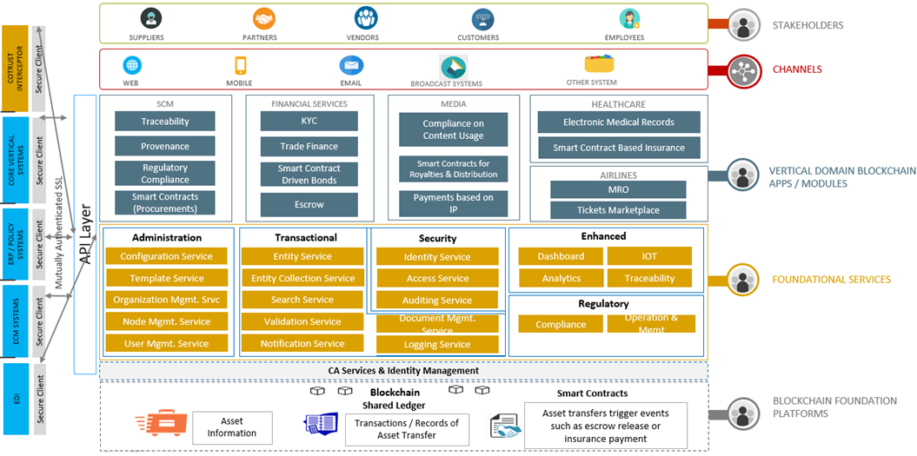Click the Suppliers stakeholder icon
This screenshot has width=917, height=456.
tap(146, 19)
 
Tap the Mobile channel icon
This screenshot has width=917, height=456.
tap(240, 65)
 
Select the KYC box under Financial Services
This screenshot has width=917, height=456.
tap(309, 122)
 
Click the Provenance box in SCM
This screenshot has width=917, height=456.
tap(165, 146)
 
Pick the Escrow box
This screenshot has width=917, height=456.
tap(309, 205)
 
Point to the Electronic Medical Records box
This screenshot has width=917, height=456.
tap(618, 122)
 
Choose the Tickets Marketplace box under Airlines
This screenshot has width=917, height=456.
tap(618, 210)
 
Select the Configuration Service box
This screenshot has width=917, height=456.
tap(166, 256)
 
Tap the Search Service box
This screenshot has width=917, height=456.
tap(302, 300)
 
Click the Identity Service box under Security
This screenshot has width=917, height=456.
tap(436, 257)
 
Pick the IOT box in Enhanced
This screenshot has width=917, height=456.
tap(649, 256)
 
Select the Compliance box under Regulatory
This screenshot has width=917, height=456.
tap(561, 324)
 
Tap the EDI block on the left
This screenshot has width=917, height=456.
tap(15, 400)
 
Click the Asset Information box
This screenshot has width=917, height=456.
tap(231, 427)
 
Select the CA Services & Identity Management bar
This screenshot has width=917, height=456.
tap(403, 371)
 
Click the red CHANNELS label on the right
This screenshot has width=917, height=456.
tap(797, 69)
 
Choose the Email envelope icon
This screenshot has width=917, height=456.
tap(351, 66)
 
